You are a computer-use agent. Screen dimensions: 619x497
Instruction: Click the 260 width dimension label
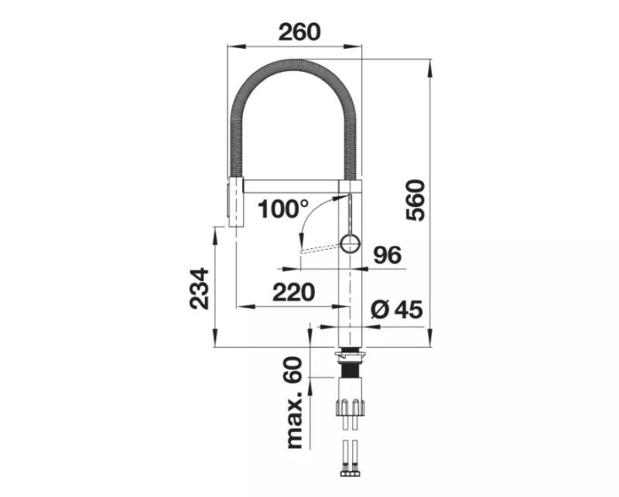point(299,32)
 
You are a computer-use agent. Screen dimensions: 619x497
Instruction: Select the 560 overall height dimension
point(416,200)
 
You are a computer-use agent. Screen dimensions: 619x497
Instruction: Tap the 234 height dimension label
point(199,288)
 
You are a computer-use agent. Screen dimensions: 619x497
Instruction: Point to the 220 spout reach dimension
point(294,292)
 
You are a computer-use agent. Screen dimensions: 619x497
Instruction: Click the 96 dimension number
point(388,255)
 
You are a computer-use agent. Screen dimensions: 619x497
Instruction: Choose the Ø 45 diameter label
point(397,309)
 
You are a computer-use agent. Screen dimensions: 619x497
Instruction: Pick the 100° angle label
point(282,209)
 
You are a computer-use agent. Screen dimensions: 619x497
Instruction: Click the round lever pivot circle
point(350,243)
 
